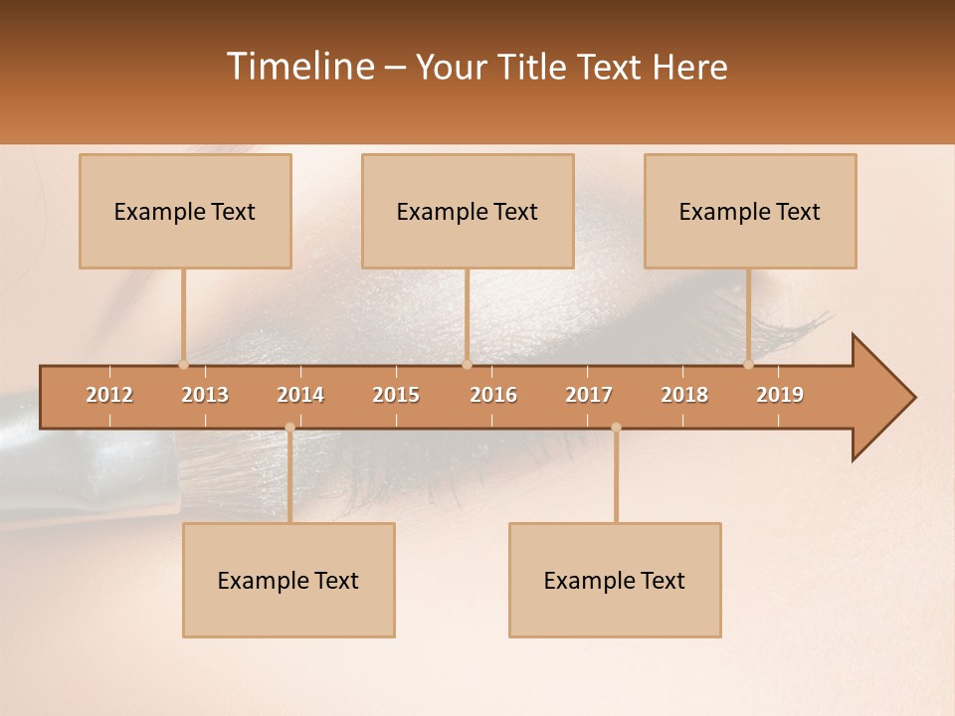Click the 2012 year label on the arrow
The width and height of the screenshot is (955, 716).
109,395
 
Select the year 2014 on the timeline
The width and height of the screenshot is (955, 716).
300,395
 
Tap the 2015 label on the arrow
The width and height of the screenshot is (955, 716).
396,395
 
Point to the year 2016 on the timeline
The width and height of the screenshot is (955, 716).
493,395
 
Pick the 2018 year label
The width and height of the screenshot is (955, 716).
684,395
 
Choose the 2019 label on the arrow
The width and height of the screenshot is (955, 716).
780,395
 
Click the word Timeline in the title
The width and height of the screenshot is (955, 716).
298,67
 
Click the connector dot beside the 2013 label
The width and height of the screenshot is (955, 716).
183,364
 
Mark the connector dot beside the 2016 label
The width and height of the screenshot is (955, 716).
467,364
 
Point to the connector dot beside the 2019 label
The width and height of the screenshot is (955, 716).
749,364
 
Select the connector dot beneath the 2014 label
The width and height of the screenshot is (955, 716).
289,428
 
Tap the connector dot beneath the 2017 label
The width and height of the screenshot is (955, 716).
616,428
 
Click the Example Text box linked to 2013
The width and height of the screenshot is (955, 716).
185,211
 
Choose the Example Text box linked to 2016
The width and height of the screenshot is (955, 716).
468,211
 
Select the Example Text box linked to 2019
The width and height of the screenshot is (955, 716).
750,211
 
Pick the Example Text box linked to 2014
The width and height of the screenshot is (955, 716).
288,580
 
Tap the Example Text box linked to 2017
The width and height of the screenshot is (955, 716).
615,580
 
